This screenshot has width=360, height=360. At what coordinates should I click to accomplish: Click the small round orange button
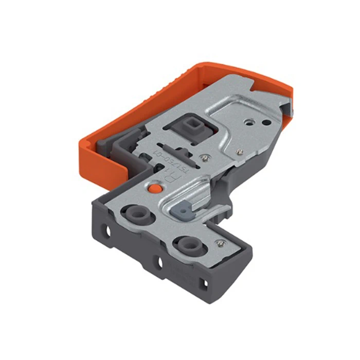152,189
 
